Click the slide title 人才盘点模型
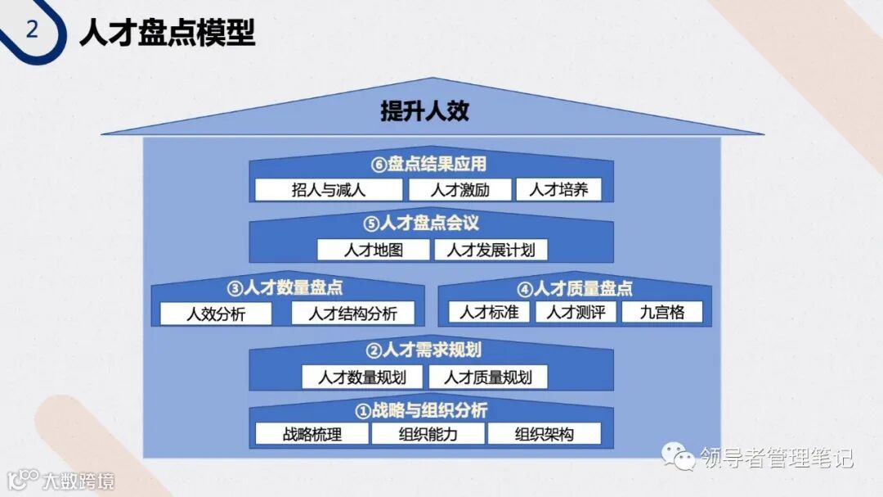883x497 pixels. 168,33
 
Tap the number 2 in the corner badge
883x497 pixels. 32,30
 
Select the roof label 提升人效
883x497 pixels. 424,111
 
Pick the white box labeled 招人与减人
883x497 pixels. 329,190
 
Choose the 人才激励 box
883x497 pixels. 459,190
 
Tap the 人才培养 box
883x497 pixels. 558,190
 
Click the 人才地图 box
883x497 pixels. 374,250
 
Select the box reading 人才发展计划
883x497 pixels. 491,250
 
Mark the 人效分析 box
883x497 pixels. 216,314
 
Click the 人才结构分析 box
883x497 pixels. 353,314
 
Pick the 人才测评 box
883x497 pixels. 576,312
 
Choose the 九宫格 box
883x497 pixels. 661,312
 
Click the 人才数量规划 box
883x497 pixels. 363,377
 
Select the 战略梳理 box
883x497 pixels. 312,434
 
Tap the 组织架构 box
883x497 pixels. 544,434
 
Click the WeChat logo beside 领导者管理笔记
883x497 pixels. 679,455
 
